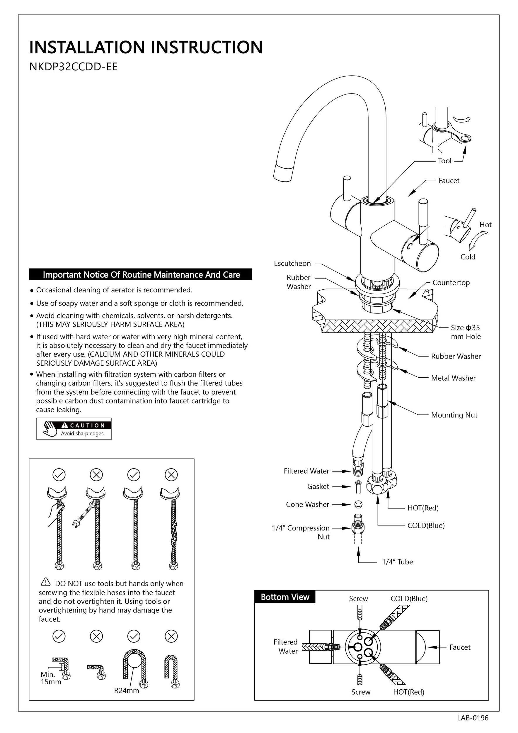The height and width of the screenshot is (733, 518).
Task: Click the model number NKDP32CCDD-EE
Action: pyautogui.click(x=73, y=67)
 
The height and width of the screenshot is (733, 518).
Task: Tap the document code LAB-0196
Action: pyautogui.click(x=472, y=718)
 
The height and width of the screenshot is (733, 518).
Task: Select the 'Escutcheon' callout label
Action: pyautogui.click(x=292, y=263)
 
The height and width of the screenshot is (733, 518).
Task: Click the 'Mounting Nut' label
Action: pyautogui.click(x=454, y=415)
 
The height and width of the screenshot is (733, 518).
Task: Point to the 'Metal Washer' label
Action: pyautogui.click(x=453, y=378)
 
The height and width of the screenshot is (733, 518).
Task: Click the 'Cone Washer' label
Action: pyautogui.click(x=307, y=504)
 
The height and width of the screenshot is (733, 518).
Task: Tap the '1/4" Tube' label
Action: pyautogui.click(x=397, y=562)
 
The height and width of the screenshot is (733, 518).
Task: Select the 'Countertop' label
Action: pyautogui.click(x=451, y=283)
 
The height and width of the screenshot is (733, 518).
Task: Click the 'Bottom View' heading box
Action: pyautogui.click(x=285, y=597)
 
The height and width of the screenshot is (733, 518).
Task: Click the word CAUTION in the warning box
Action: pyautogui.click(x=87, y=425)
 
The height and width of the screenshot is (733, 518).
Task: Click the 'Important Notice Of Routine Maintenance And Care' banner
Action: pyautogui.click(x=141, y=274)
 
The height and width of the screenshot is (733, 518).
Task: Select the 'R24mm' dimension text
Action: pyautogui.click(x=127, y=690)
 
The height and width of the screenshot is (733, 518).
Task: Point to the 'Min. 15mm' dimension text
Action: pyautogui.click(x=50, y=678)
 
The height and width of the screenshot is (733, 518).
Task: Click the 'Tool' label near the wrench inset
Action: pyautogui.click(x=445, y=161)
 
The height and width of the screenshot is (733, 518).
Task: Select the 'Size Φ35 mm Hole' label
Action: pyautogui.click(x=465, y=332)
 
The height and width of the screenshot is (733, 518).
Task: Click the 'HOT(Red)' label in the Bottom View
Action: pyautogui.click(x=409, y=692)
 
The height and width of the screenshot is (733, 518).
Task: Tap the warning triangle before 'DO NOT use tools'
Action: pyautogui.click(x=46, y=582)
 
